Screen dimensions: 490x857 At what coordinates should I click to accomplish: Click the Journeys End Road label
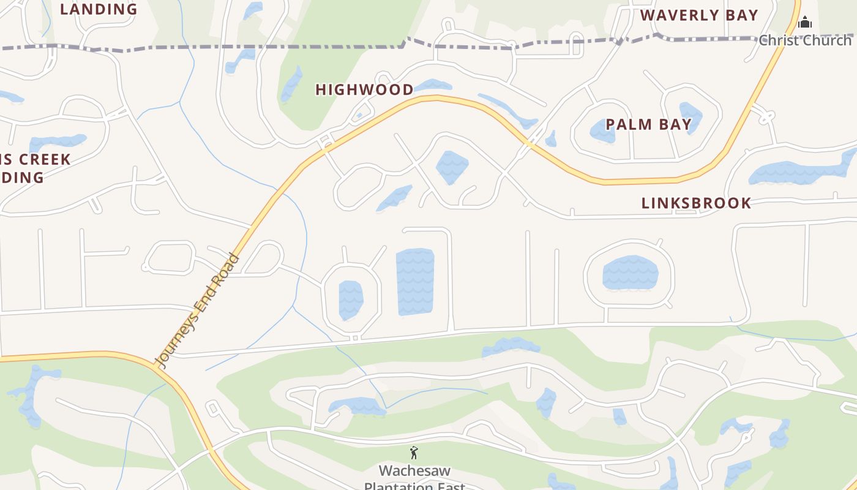click(196, 311)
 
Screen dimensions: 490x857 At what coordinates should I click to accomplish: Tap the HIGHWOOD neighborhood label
click(365, 89)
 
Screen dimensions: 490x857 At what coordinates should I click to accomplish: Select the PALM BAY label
click(649, 124)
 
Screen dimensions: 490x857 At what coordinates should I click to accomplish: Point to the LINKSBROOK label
click(696, 203)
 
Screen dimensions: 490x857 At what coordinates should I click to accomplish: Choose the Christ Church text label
click(805, 40)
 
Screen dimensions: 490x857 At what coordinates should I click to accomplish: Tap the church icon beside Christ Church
click(805, 23)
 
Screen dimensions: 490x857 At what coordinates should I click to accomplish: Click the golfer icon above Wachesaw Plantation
click(414, 453)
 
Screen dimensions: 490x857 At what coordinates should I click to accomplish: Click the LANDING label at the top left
click(99, 9)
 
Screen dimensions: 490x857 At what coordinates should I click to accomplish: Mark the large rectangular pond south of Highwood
click(415, 281)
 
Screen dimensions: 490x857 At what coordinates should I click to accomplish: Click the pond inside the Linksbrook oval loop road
click(630, 273)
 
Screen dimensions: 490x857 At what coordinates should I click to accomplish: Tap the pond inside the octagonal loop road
click(351, 300)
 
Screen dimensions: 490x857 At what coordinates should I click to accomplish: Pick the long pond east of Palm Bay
click(802, 168)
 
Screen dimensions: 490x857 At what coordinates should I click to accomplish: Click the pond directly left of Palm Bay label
click(602, 131)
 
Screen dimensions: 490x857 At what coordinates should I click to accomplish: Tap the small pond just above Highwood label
click(433, 85)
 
